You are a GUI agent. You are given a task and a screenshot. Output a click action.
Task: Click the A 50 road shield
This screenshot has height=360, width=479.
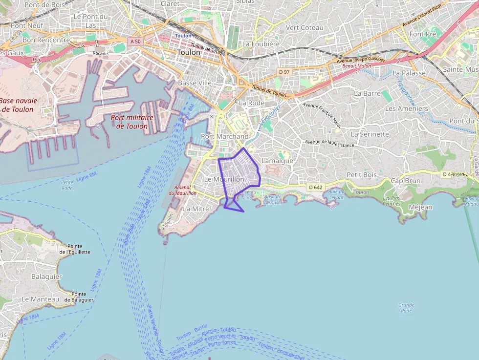point(135,42)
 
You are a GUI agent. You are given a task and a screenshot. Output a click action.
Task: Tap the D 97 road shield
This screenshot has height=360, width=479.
point(284,72)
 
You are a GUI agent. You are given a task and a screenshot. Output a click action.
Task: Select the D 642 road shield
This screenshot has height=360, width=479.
point(316,187)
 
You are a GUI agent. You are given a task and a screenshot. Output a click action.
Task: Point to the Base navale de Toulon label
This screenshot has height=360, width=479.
point(18,105)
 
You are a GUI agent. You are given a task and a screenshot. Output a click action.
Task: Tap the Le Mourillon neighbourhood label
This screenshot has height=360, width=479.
point(224,179)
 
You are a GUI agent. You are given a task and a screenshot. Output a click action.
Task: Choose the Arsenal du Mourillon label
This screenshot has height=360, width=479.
point(182,190)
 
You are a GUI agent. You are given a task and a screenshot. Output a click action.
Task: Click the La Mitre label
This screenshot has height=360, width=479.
point(196,209)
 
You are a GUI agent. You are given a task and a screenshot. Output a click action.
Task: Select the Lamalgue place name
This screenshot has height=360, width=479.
point(277,161)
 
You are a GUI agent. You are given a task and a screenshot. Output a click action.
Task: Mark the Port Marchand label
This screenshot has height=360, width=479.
point(224,136)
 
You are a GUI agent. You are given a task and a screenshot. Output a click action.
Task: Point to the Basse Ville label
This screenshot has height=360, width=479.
point(195,83)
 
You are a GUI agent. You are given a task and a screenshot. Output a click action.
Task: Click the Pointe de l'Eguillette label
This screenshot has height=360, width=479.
point(74,249)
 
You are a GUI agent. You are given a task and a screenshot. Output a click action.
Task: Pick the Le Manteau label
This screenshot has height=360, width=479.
point(40,299)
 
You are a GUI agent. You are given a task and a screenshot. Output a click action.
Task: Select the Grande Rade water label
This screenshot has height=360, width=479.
point(406,308)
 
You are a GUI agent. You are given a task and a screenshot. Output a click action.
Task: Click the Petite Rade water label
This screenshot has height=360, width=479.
point(67,185)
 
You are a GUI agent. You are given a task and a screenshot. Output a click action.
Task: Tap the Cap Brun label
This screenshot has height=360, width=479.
point(405,181)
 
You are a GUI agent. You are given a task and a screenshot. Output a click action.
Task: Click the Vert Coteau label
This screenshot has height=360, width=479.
point(305,28)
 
